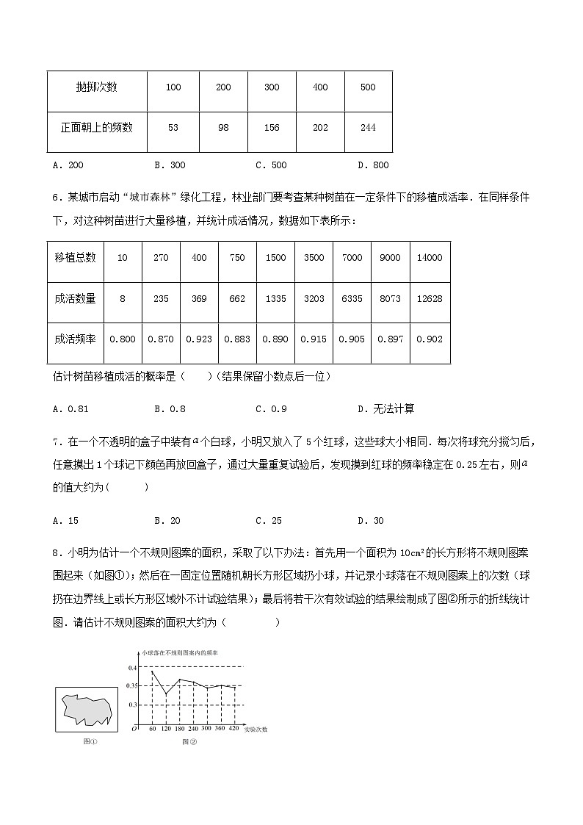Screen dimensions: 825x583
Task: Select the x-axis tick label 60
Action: click(x=153, y=729)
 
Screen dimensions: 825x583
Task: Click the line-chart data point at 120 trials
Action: click(x=166, y=694)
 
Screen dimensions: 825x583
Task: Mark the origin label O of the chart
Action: click(x=134, y=729)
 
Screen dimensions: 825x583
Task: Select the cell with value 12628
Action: click(x=429, y=298)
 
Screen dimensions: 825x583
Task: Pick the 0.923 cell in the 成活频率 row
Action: click(x=199, y=339)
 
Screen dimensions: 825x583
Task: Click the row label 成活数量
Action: click(x=75, y=298)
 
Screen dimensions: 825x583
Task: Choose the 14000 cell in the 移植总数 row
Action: click(x=429, y=257)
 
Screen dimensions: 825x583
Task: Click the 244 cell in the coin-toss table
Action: click(x=368, y=128)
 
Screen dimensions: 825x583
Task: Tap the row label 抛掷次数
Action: click(x=96, y=87)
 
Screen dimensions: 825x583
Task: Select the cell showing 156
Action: click(x=271, y=128)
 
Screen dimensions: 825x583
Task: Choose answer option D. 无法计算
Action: click(x=385, y=408)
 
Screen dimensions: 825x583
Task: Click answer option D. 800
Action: click(x=373, y=165)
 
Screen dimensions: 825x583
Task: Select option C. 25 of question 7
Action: click(x=269, y=521)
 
